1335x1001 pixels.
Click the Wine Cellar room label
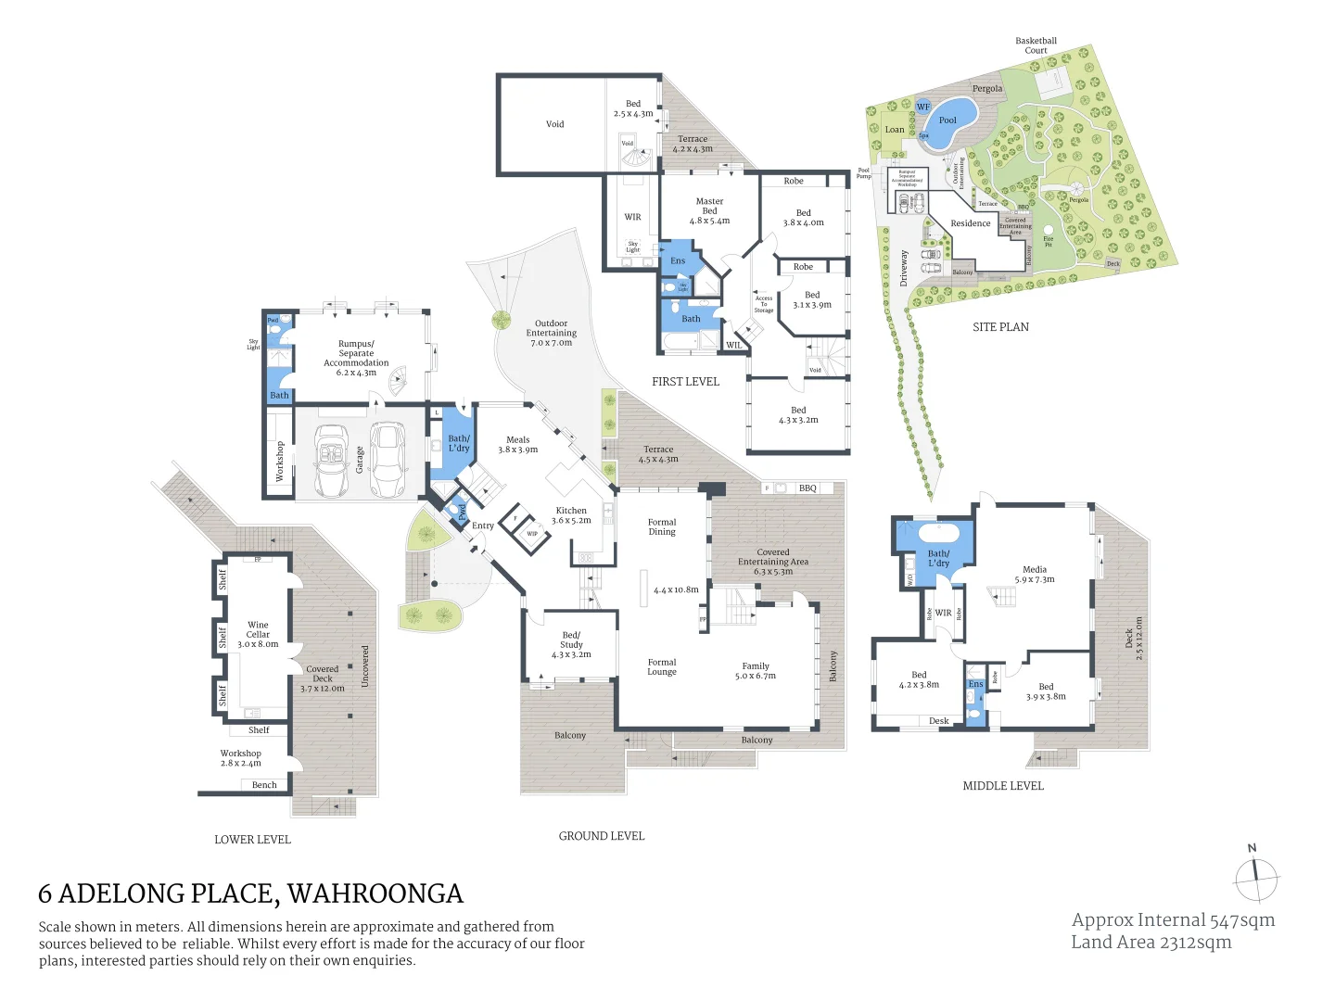(x=258, y=630)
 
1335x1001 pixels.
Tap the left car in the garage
(x=329, y=461)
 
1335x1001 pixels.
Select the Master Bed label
(x=709, y=206)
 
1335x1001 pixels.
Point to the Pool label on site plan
(x=947, y=120)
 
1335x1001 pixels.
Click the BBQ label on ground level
(x=807, y=488)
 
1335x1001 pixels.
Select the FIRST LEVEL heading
(x=685, y=382)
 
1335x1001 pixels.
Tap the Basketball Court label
(x=1036, y=45)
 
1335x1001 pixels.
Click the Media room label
(x=1035, y=570)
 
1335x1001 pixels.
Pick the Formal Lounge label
(x=662, y=667)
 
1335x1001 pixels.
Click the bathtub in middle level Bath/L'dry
(x=938, y=535)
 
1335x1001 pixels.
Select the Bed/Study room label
(x=571, y=640)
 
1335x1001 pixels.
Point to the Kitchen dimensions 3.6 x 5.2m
(x=571, y=521)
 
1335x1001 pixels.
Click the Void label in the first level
(x=554, y=124)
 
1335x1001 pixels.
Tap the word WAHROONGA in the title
(x=375, y=893)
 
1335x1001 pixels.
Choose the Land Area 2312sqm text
(x=1151, y=943)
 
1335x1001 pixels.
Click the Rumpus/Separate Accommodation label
(x=356, y=353)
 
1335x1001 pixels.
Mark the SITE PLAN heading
(x=1000, y=327)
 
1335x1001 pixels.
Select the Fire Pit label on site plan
(x=1049, y=241)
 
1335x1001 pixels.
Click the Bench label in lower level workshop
(x=264, y=785)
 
